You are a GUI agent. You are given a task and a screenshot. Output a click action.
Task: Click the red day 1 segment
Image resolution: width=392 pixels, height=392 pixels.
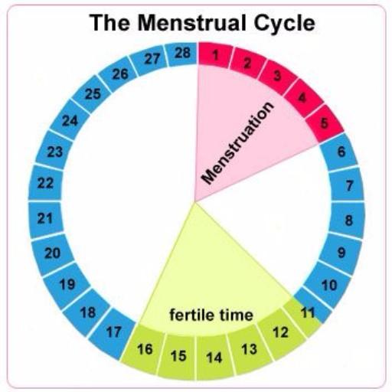pyautogui.click(x=215, y=55)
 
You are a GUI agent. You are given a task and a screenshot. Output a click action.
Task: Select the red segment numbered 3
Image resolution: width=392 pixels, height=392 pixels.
pyautogui.click(x=277, y=76)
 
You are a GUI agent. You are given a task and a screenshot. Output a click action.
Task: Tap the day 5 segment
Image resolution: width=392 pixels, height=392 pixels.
pyautogui.click(x=324, y=123)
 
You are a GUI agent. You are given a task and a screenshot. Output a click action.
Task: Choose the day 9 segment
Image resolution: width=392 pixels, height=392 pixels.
pyautogui.click(x=341, y=253)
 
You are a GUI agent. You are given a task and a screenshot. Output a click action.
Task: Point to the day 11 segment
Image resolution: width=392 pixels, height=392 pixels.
pyautogui.click(x=309, y=312)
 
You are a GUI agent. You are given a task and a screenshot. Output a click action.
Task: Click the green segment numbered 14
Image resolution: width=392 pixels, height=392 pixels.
pyautogui.click(x=214, y=358)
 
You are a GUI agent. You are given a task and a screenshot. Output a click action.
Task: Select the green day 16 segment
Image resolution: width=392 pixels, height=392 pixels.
pyautogui.click(x=144, y=349)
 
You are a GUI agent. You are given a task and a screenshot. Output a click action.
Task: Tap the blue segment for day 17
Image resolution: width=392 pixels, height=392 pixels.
pyautogui.click(x=113, y=332)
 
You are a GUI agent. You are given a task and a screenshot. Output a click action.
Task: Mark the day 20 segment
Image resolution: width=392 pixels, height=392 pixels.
pyautogui.click(x=52, y=253)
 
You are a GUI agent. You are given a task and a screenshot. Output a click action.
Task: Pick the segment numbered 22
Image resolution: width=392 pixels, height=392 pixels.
pyautogui.click(x=45, y=183)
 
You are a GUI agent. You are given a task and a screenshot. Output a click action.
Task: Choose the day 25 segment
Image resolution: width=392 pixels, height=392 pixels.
pyautogui.click(x=93, y=94)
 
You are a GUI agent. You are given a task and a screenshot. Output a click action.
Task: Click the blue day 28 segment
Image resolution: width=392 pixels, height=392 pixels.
pyautogui.click(x=181, y=54)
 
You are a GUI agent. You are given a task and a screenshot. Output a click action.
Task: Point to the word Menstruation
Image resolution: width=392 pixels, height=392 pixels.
pyautogui.click(x=237, y=142)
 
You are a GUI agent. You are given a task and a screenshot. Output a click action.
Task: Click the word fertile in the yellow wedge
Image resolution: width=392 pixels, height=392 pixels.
pyautogui.click(x=189, y=315)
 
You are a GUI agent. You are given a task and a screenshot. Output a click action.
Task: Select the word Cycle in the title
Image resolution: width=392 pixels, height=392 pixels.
pyautogui.click(x=284, y=23)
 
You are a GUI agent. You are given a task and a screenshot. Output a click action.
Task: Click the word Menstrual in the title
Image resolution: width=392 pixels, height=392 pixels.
pyautogui.click(x=191, y=22)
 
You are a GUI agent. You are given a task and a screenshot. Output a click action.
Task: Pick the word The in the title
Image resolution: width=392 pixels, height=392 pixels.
pyautogui.click(x=109, y=22)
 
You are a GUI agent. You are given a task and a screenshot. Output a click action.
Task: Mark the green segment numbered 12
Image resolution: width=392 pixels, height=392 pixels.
pyautogui.click(x=281, y=332)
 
